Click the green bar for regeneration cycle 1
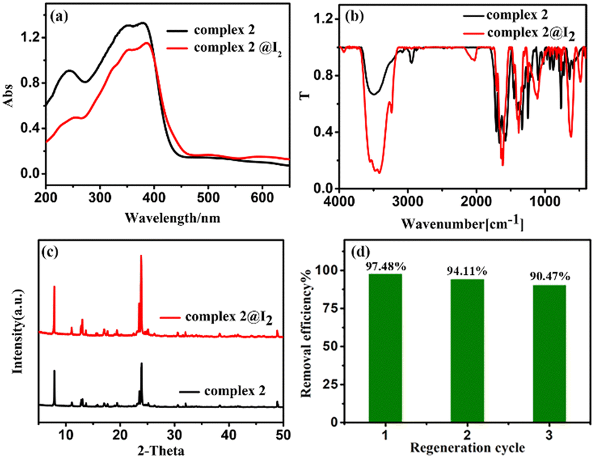(x=385, y=348)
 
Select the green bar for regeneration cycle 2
(x=467, y=350)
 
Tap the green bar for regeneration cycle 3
(x=549, y=353)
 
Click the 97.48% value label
(x=385, y=266)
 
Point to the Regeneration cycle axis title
(x=467, y=448)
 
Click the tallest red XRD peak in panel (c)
(x=141, y=256)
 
